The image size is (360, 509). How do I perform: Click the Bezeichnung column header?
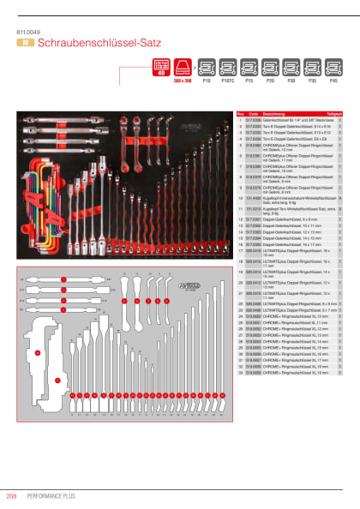click(276, 113)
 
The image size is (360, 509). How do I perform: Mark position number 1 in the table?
click(241, 121)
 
